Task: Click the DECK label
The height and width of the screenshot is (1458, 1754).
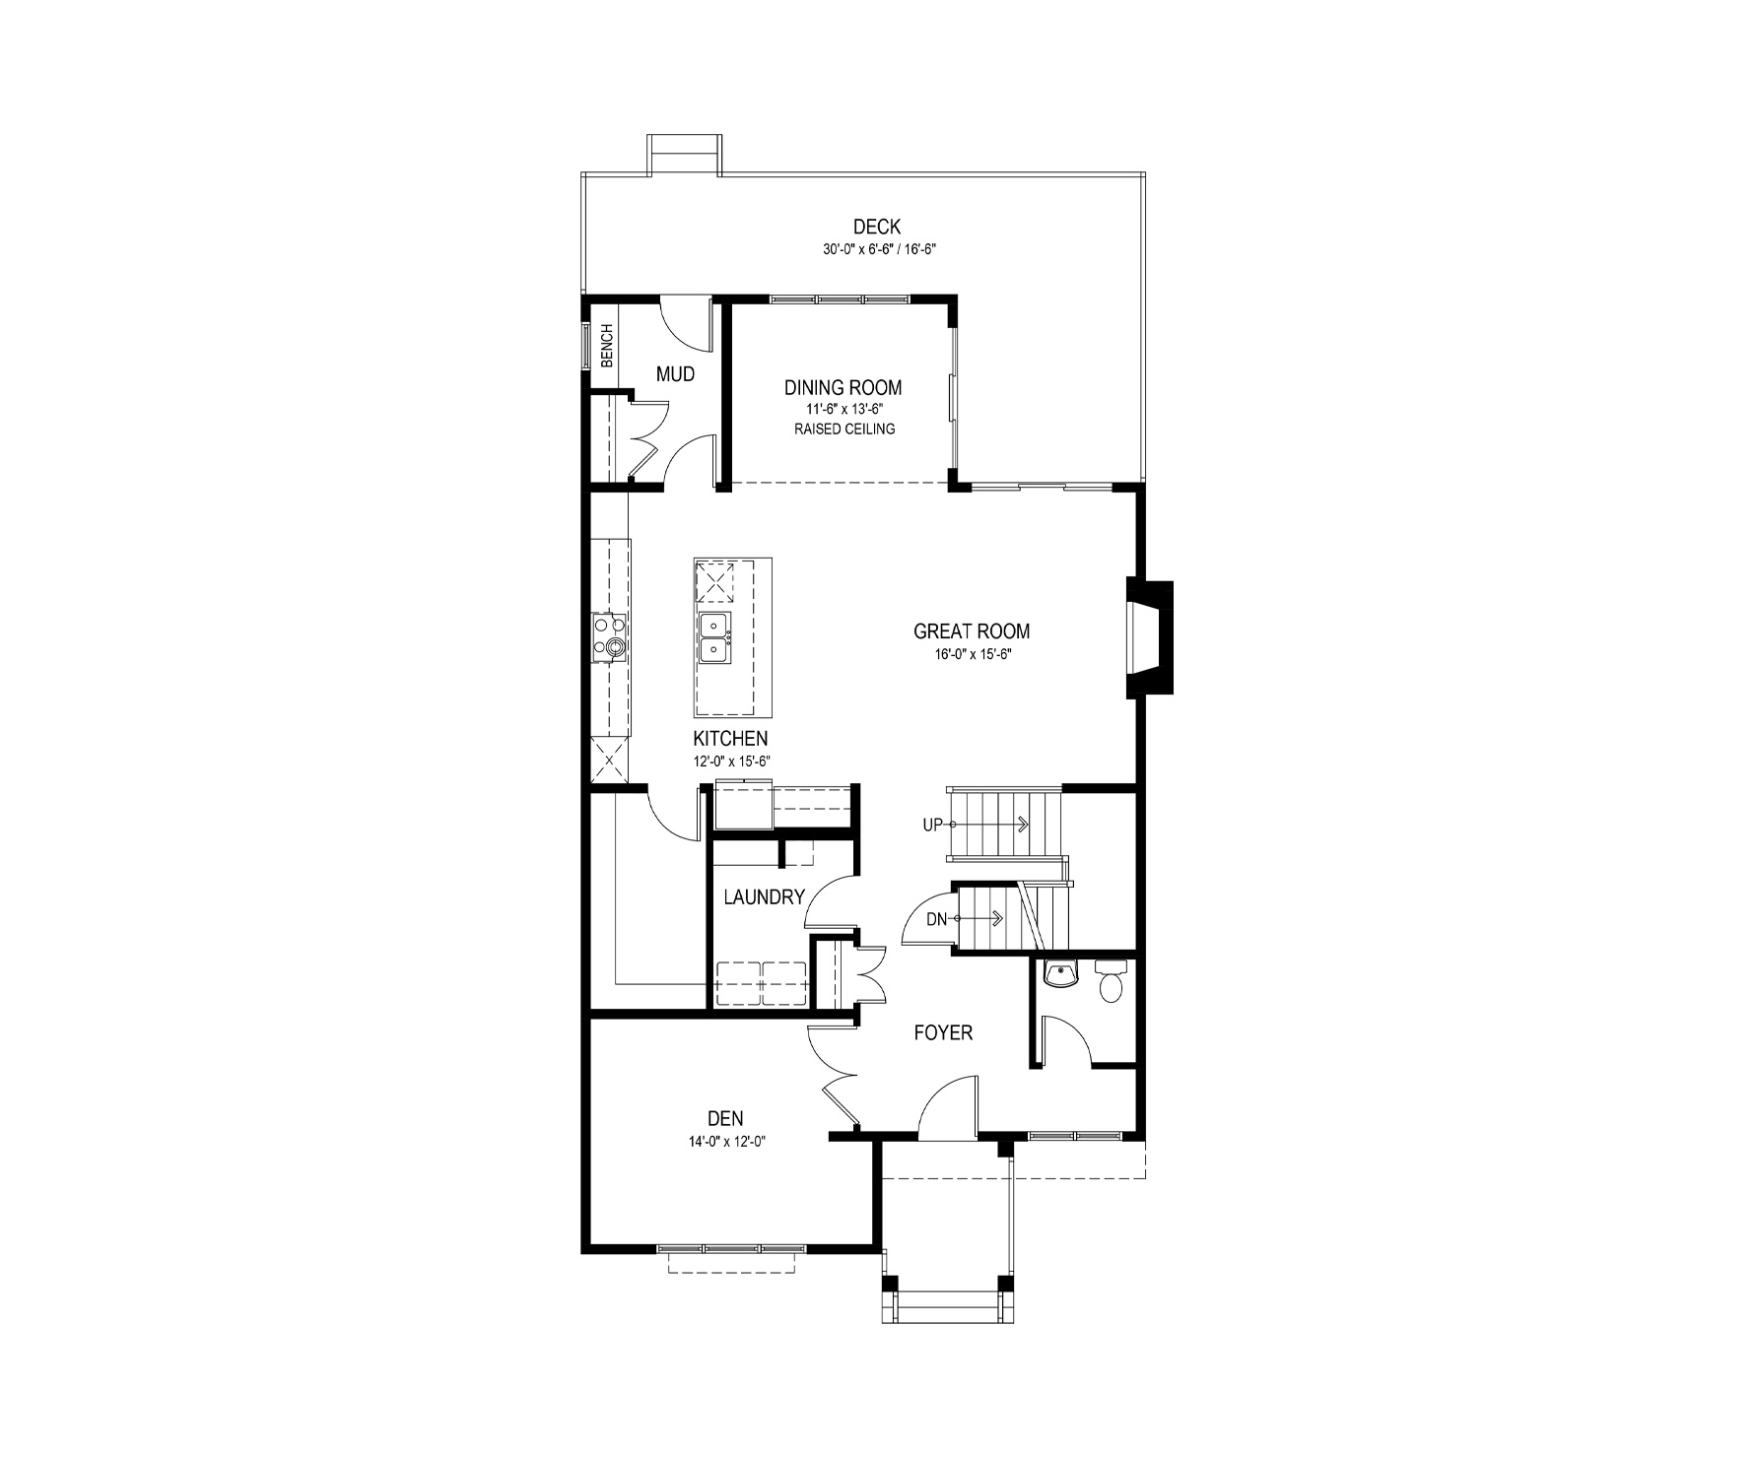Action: coord(877,228)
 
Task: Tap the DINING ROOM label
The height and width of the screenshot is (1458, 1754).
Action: coord(843,388)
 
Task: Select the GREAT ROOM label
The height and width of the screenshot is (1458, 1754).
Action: coord(972,631)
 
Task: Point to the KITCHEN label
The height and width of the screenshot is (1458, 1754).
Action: coord(730,739)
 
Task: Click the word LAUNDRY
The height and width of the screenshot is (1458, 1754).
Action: coord(765,897)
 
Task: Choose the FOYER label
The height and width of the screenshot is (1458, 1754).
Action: coord(943,1032)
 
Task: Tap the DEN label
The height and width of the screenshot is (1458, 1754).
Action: coord(725,1119)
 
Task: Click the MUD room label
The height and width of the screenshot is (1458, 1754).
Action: coord(675,374)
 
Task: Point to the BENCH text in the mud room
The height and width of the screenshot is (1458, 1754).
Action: coord(607,346)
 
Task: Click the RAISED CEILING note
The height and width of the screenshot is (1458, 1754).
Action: coord(844,430)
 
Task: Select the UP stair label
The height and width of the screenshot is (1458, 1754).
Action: coord(932,826)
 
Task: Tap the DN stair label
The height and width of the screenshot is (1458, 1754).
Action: coord(936,920)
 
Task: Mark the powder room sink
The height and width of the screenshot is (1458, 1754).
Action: coord(1060,973)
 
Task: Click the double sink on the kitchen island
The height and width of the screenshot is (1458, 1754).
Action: coord(714,637)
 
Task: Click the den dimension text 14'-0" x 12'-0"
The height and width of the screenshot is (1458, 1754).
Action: coord(727,1142)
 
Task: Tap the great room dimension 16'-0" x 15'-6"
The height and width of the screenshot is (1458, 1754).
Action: coord(973,653)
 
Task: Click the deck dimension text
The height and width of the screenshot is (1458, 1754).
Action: coord(879,250)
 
